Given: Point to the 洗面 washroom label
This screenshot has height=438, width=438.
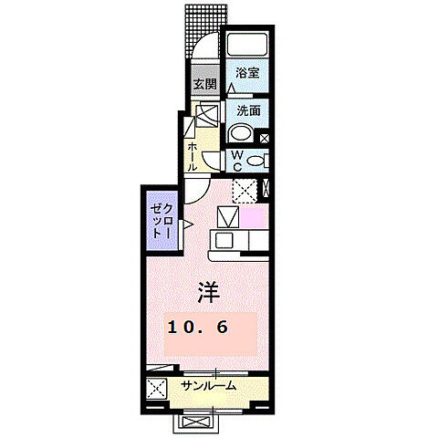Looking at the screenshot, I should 248,109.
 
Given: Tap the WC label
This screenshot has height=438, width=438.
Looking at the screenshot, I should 235,162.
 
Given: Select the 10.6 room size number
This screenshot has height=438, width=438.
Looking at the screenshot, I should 197,327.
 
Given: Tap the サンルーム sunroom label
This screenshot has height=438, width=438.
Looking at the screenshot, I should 208,386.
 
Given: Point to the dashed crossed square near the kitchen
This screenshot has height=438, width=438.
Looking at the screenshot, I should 244,190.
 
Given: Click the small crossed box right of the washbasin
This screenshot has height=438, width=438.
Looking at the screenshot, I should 265,139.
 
